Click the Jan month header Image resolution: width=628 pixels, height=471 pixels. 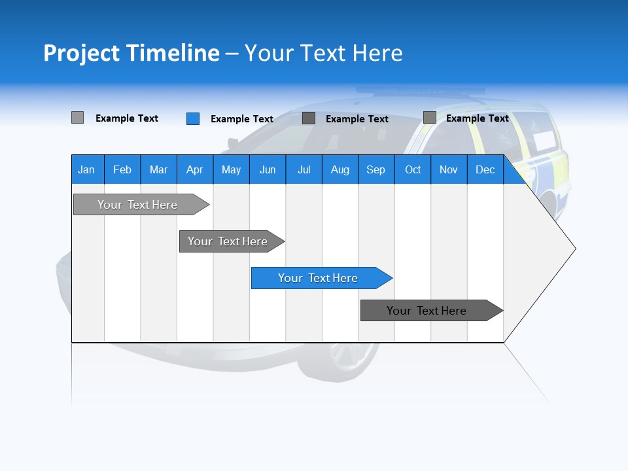tap(86, 169)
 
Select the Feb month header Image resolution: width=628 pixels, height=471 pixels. tap(122, 169)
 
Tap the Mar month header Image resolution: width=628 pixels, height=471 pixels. tap(158, 169)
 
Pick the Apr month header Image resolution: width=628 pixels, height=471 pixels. tap(194, 169)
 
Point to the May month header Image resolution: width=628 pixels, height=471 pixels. tap(231, 169)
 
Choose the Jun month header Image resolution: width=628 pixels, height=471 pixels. tap(268, 169)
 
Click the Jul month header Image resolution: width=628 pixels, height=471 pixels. tap(304, 169)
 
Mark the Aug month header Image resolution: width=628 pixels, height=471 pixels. tap(340, 169)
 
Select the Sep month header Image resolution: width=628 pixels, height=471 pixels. tap(375, 169)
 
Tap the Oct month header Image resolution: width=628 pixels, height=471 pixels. tap(413, 169)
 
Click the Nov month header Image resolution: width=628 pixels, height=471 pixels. tap(449, 169)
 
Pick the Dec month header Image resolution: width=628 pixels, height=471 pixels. tap(485, 169)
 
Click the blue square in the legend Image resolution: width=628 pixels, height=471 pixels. tap(193, 118)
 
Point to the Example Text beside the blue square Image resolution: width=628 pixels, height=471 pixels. tap(242, 119)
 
